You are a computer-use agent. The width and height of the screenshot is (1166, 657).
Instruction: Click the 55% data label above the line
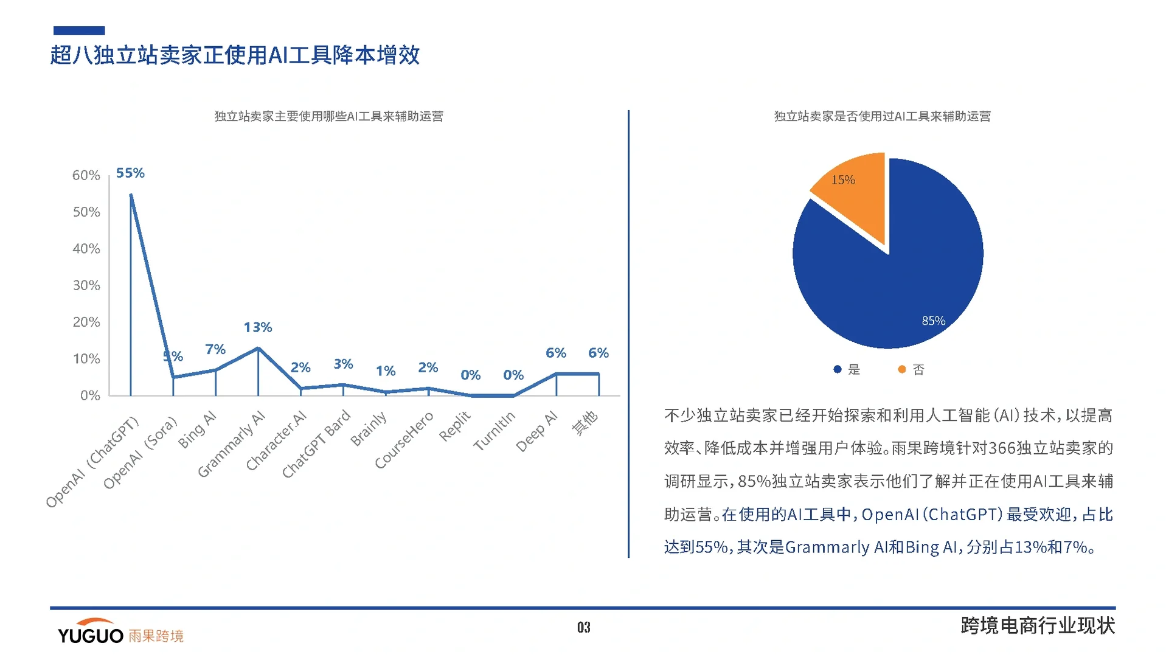(130, 173)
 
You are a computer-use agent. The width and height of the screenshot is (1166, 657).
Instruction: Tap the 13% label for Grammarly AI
(258, 327)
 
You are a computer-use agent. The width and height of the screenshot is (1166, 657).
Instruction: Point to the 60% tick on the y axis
(86, 176)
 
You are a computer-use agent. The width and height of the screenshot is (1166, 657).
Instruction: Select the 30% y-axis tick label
(86, 286)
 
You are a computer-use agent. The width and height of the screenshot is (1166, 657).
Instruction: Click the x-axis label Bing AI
(197, 429)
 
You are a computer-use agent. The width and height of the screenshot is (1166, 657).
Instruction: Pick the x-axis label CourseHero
(404, 440)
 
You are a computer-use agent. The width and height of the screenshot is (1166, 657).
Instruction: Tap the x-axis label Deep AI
(536, 431)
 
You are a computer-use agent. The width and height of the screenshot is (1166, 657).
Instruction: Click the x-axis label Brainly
(369, 429)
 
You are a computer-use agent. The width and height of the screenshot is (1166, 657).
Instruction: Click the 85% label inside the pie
(933, 321)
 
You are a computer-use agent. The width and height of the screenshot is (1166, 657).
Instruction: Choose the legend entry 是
(847, 370)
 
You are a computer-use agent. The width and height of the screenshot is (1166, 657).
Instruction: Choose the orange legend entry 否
(912, 370)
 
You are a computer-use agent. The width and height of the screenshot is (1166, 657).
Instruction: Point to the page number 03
(583, 627)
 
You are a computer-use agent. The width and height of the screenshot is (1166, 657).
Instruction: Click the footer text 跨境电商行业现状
(1037, 626)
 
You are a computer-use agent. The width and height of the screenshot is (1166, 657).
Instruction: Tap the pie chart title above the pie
(882, 116)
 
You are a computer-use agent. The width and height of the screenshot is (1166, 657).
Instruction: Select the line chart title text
(328, 116)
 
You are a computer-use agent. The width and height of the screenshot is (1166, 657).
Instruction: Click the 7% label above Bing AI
(215, 350)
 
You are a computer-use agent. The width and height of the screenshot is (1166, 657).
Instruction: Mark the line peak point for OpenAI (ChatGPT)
(131, 195)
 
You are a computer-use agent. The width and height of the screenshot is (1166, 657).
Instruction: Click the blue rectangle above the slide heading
(79, 30)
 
